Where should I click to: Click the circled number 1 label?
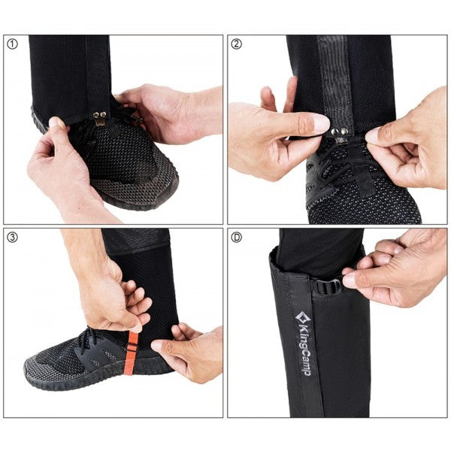(12, 44)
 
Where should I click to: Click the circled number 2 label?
(237, 44)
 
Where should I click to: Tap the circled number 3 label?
(12, 238)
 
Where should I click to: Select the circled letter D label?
(237, 238)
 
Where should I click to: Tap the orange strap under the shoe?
(131, 353)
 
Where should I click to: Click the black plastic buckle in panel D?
(328, 286)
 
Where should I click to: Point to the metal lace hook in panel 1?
(100, 119)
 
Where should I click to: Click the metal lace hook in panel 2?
(341, 137)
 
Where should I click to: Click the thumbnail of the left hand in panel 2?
(321, 123)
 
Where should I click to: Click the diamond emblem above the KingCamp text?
(303, 318)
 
